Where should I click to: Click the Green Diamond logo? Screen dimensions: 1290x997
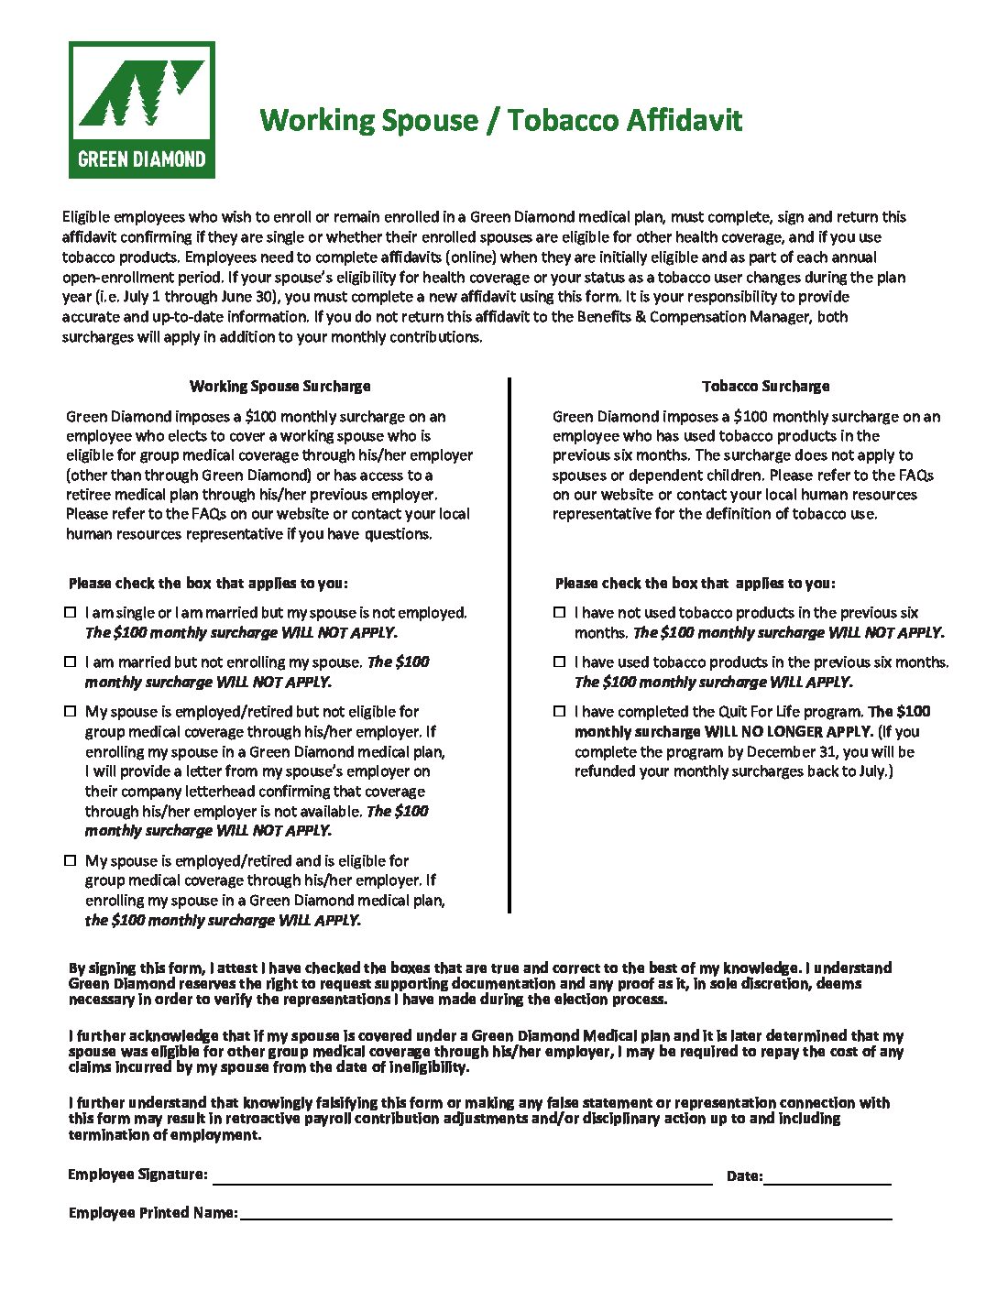[142, 110]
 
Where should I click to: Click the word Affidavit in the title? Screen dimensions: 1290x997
[685, 120]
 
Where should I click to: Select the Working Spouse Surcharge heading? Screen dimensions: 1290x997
[279, 386]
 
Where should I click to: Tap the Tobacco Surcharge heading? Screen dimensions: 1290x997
[765, 386]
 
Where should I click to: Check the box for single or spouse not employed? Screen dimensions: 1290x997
[71, 612]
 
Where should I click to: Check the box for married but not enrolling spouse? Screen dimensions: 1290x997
[71, 661]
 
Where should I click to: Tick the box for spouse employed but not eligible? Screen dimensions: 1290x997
[71, 711]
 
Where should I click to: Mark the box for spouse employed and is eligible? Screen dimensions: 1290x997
[71, 860]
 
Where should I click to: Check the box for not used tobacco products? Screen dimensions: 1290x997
[559, 612]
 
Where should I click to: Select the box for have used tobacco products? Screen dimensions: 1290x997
[559, 661]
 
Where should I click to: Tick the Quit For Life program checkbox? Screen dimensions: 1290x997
[559, 711]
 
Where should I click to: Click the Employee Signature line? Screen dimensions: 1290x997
[462, 1177]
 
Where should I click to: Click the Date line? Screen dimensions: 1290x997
[827, 1177]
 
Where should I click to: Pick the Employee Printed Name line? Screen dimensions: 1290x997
[564, 1213]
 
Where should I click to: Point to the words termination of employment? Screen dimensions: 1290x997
[164, 1135]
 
